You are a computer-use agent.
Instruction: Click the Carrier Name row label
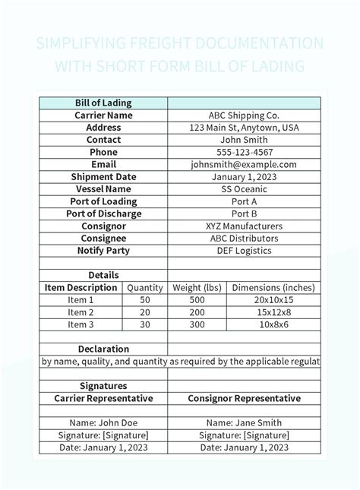coord(103,115)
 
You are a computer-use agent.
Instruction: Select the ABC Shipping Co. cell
coord(244,115)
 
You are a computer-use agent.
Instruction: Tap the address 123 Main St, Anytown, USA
coord(244,128)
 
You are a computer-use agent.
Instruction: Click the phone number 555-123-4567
coord(244,152)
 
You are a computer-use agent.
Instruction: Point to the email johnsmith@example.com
coord(244,164)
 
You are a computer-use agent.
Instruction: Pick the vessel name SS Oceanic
coord(244,189)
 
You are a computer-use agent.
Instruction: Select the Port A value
coord(244,201)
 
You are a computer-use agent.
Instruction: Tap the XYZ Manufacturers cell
coord(244,226)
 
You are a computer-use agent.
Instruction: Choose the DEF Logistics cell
coord(244,251)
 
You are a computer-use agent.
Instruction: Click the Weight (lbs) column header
coord(197,288)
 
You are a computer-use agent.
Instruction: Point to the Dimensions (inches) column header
coord(273,288)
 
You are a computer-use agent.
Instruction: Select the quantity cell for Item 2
coord(145,312)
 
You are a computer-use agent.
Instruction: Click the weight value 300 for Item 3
coord(197,324)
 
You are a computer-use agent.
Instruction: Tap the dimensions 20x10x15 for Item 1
coord(273,300)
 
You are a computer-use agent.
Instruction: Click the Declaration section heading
coord(103,349)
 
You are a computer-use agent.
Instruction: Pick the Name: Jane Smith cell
coord(244,423)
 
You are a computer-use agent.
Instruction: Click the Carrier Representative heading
coord(103,398)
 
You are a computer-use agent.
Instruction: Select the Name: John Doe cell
coord(103,423)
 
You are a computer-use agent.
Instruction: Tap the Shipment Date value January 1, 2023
coord(244,177)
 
